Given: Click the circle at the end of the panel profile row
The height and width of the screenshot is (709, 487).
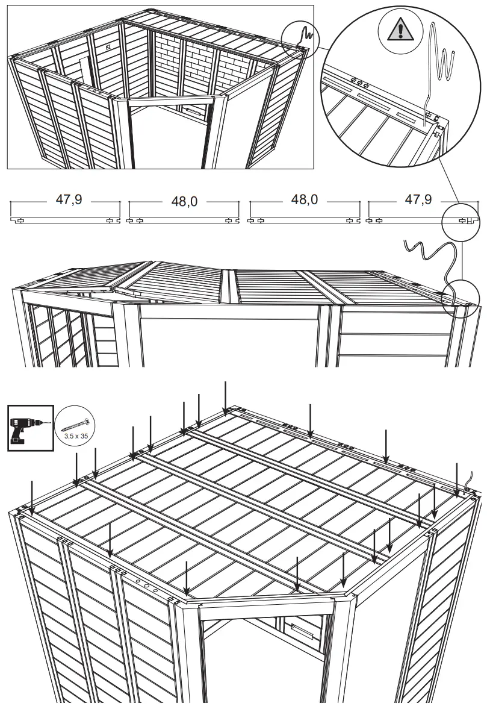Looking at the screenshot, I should [461, 221].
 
